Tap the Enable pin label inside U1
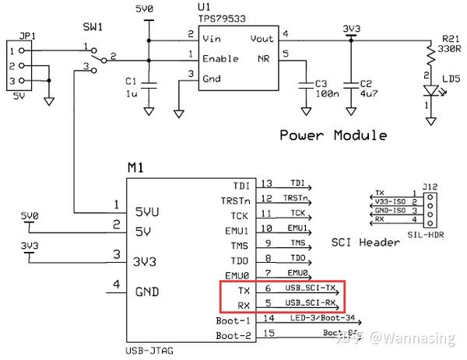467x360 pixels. [x=221, y=58]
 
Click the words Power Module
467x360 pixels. [x=333, y=135]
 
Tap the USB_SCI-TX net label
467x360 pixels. [x=310, y=288]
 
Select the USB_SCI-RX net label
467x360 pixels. [x=310, y=302]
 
